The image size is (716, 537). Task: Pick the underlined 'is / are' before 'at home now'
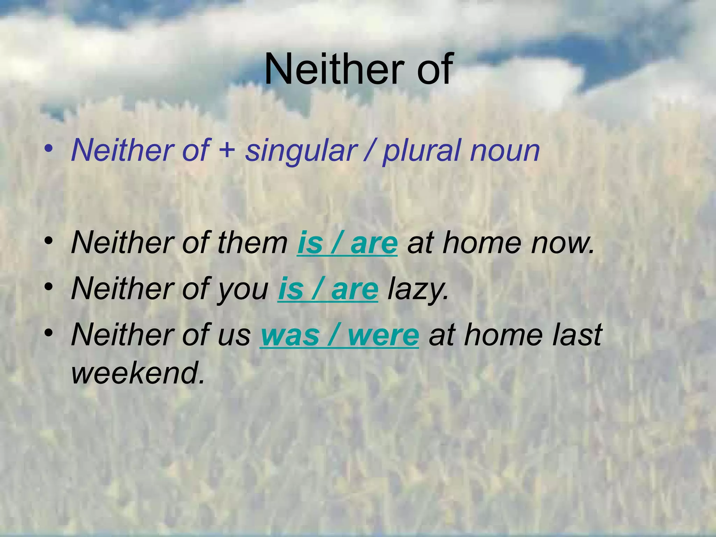347,243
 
